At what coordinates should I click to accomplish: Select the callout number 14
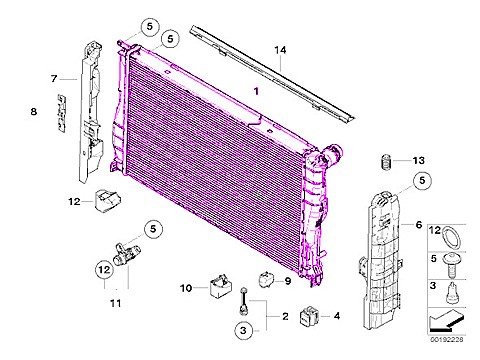point(281,50)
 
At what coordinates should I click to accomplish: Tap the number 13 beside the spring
point(419,160)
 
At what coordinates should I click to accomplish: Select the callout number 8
point(33,111)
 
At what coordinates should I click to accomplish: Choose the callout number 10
point(186,288)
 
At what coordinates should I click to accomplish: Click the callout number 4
point(336,317)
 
